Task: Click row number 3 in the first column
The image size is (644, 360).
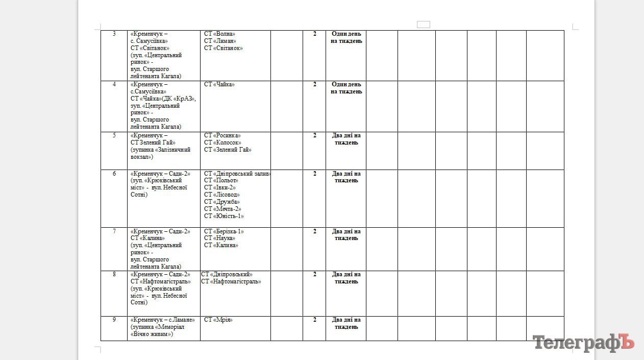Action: click(x=114, y=34)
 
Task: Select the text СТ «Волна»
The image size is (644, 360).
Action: click(x=219, y=34)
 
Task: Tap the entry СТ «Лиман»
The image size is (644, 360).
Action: click(x=220, y=41)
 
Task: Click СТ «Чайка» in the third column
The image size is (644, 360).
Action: click(x=219, y=84)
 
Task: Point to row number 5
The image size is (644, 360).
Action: click(x=114, y=135)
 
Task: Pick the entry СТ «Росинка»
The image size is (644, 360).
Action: click(x=222, y=135)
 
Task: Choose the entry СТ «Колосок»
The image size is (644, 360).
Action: click(x=222, y=142)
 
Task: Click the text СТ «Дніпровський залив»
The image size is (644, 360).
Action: click(x=237, y=174)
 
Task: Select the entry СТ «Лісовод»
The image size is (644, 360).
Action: click(x=222, y=195)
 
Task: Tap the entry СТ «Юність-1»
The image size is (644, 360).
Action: click(x=224, y=216)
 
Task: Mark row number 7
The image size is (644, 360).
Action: click(x=114, y=231)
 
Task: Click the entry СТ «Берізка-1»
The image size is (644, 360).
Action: click(x=224, y=231)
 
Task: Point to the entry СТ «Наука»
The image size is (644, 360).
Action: click(x=219, y=238)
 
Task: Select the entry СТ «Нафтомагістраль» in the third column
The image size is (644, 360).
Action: click(x=231, y=281)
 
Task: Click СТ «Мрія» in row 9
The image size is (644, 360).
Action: click(x=218, y=320)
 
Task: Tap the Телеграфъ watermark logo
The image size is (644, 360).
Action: click(x=583, y=343)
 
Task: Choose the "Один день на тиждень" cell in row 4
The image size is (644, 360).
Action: click(x=346, y=88)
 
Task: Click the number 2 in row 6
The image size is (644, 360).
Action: click(x=315, y=174)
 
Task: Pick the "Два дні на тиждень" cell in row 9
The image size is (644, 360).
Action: click(x=346, y=323)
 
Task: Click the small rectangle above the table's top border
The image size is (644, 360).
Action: click(x=424, y=25)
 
